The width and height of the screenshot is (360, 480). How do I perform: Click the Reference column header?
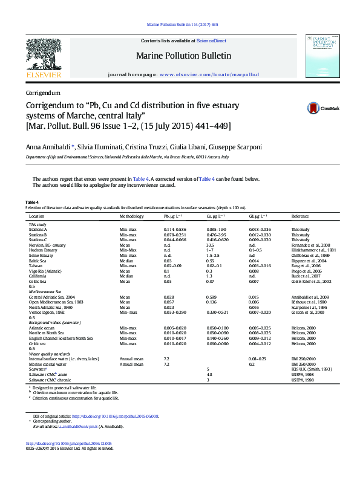click(300, 216)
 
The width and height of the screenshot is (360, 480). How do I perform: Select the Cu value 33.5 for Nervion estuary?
click(211, 244)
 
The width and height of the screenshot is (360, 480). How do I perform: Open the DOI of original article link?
click(115, 416)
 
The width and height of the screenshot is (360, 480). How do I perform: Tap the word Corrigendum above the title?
click(43, 93)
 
